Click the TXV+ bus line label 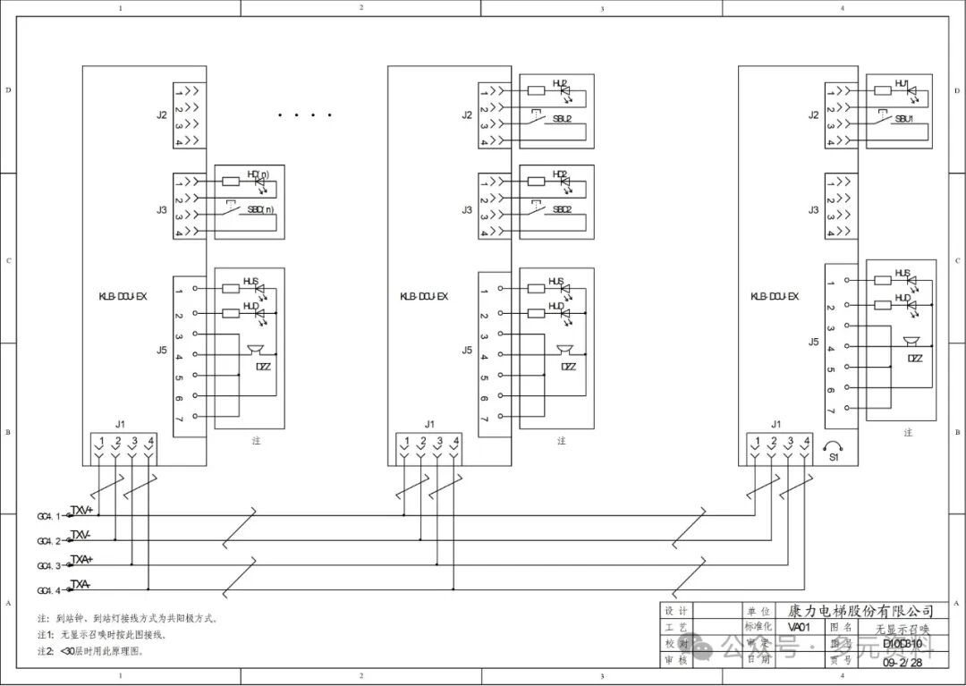click(81, 509)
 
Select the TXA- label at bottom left click(80, 584)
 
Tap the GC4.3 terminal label click(48, 566)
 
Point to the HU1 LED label click(902, 84)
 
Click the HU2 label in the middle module click(560, 84)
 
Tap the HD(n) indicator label click(258, 174)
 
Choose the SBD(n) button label click(259, 209)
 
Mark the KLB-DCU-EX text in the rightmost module click(774, 296)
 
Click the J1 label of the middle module click(429, 424)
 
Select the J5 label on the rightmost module click(813, 341)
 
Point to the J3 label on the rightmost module click(813, 210)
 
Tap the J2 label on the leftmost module click(162, 114)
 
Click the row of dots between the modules click(305, 115)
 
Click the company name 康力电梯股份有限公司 click(860, 611)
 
